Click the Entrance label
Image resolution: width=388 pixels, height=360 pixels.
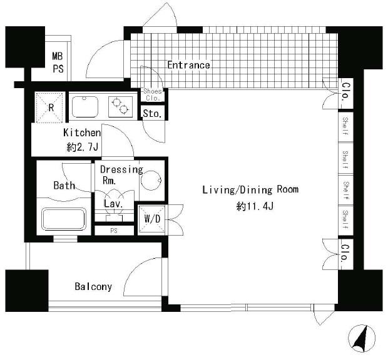click(x=188, y=65)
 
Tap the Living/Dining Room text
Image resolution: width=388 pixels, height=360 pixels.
click(x=250, y=190)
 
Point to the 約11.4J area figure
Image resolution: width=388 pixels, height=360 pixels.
click(x=255, y=206)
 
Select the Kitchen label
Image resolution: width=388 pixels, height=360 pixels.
click(x=82, y=132)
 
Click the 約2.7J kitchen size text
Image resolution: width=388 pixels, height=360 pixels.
click(x=83, y=147)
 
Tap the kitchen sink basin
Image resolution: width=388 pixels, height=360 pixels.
click(x=85, y=107)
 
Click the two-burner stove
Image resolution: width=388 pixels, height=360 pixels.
click(x=121, y=106)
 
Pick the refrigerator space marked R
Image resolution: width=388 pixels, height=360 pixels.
click(x=49, y=107)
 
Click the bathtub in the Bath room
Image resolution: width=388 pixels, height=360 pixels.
click(x=64, y=219)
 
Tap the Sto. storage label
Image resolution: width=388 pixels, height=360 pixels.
click(x=152, y=114)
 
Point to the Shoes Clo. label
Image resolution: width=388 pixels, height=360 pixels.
click(x=153, y=94)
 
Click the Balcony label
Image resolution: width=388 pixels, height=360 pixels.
click(x=93, y=287)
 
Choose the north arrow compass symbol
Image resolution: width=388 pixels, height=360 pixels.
click(x=362, y=339)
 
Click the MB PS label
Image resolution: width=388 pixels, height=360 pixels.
click(x=58, y=62)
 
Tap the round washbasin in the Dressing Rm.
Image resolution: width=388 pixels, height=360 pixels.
click(x=151, y=181)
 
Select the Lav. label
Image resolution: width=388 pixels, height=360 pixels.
click(x=113, y=204)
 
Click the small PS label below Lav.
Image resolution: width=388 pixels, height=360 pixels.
click(x=114, y=231)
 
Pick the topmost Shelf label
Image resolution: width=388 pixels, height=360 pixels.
click(x=345, y=126)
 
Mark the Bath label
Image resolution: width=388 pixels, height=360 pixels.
click(x=64, y=185)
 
